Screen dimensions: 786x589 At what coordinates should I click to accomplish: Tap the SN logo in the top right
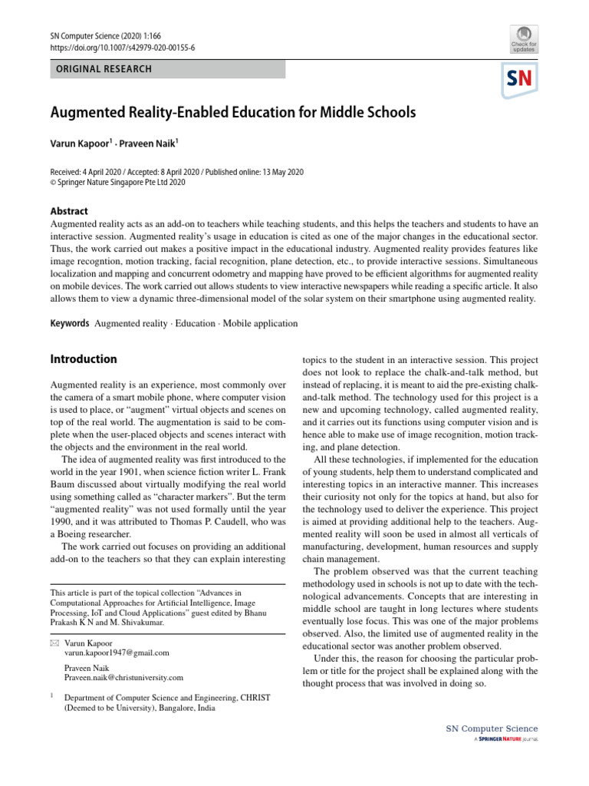tap(520, 80)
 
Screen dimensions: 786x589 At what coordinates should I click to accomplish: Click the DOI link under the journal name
tap(123, 48)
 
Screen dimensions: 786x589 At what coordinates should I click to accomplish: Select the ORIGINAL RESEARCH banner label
tap(101, 69)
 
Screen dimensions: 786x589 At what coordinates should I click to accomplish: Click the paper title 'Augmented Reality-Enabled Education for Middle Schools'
tap(233, 113)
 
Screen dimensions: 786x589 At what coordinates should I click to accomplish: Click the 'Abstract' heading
tap(69, 211)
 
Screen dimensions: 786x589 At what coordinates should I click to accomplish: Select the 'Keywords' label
tap(69, 323)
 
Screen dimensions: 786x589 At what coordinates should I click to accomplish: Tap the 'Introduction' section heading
tap(84, 359)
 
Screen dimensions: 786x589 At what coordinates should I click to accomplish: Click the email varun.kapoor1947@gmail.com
tap(117, 652)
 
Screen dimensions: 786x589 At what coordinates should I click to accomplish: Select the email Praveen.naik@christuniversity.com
tap(124, 678)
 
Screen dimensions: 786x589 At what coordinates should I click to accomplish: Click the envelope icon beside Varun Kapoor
tap(54, 642)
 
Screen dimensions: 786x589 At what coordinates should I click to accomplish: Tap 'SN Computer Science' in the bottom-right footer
tap(492, 728)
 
